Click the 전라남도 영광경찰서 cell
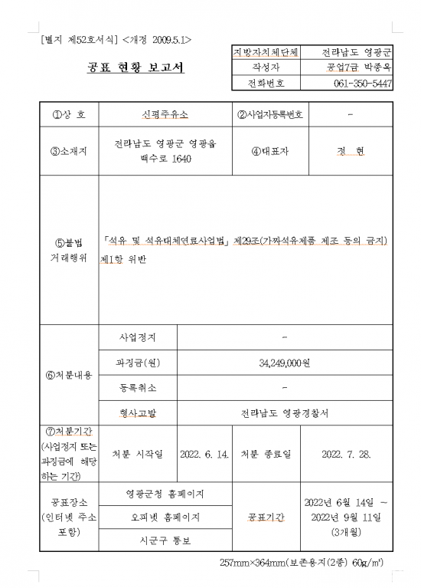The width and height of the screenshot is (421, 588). point(284,413)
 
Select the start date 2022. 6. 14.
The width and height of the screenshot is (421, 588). point(204,454)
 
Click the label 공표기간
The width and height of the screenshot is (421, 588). point(266,517)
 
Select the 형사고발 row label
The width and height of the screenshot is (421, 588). point(138,413)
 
